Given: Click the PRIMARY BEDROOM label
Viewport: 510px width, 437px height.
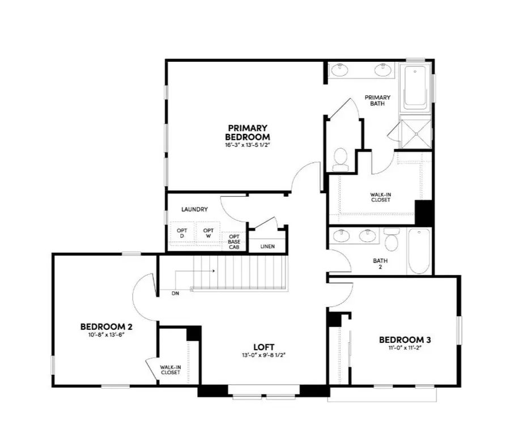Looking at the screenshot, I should [247, 132].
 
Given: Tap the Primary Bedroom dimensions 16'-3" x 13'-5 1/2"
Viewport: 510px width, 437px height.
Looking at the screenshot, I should [247, 145].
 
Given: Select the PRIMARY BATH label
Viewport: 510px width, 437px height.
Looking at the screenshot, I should [377, 100].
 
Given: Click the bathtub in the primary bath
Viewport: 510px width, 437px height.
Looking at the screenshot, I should [416, 87].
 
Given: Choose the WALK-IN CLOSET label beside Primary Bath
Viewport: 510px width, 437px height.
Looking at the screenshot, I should [381, 197].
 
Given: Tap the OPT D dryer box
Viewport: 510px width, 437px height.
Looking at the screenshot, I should [182, 233].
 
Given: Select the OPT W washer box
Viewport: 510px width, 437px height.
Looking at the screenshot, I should [209, 233].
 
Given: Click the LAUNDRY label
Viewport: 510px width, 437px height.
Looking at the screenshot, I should [194, 209].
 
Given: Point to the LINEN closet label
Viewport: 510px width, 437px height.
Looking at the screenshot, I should [268, 247].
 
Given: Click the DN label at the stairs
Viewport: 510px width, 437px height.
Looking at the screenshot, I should [176, 294].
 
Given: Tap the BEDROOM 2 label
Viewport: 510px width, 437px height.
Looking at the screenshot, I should [107, 326].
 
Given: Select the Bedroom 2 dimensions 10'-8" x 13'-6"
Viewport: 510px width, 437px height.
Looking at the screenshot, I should [107, 334].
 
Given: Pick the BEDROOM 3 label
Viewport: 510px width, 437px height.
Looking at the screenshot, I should [405, 340].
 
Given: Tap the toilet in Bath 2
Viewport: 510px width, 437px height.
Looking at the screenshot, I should [392, 240].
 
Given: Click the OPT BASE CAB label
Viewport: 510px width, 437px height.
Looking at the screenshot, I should [234, 241].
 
